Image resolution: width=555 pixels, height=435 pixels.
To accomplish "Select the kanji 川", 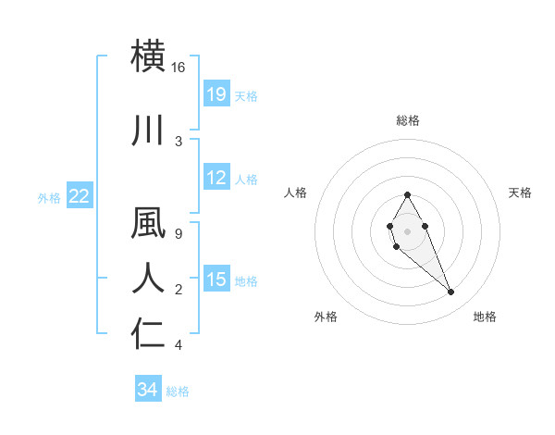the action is tap(150, 130).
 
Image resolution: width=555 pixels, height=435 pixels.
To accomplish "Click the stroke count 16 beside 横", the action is tap(179, 68).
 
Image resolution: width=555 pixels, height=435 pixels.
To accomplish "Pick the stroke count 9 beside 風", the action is tap(179, 233).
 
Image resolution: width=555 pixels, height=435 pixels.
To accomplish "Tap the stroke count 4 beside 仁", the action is tap(179, 345).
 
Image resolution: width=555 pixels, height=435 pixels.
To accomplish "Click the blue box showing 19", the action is tap(216, 94).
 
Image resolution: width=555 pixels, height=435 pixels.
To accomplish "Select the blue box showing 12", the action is tap(216, 178).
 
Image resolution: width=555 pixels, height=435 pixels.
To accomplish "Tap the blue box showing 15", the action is tap(216, 280).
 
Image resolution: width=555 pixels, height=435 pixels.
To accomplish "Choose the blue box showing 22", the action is tap(80, 196).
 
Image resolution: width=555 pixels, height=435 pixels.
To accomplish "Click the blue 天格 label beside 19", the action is tap(246, 95).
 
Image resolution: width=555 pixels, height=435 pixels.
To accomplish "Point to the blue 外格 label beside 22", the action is tap(49, 197).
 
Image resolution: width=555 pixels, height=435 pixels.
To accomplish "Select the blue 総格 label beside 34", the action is tap(178, 391).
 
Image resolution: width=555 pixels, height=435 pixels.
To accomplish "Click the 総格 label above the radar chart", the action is tap(408, 120).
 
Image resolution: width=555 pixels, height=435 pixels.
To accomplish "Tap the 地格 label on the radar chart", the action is tap(485, 317).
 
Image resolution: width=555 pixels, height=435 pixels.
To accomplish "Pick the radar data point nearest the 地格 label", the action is tap(451, 292).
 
